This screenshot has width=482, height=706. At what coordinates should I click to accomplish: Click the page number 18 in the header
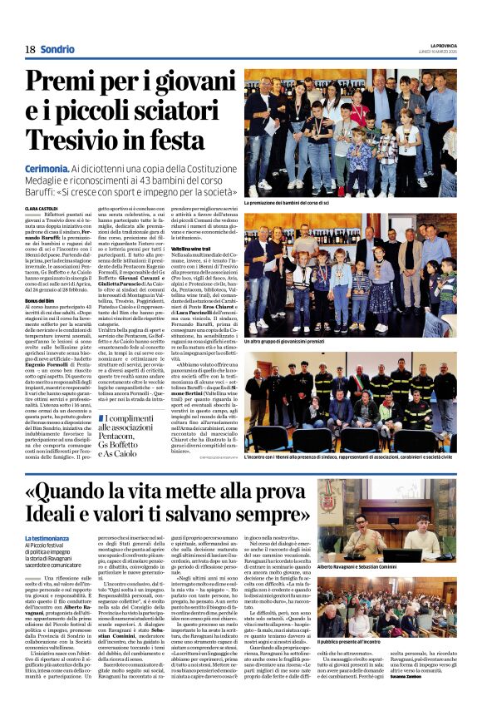click(x=30, y=50)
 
